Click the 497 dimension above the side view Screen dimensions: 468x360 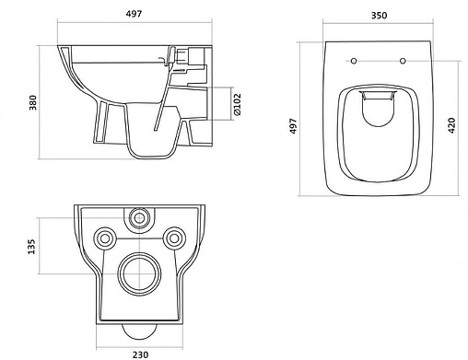[135, 14]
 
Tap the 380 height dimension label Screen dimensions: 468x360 [33, 102]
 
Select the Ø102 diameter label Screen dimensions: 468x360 [238, 104]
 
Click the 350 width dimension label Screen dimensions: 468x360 [380, 15]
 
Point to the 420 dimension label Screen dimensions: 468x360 [451, 125]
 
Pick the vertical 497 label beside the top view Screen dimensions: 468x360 [294, 126]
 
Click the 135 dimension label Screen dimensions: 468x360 [31, 247]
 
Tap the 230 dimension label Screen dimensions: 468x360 [140, 354]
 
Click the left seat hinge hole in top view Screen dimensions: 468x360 [354, 61]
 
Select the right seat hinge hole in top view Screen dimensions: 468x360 [403, 61]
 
